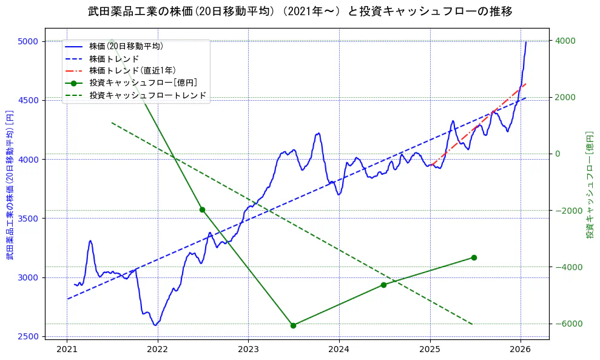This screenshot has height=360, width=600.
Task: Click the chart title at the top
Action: click(300, 12)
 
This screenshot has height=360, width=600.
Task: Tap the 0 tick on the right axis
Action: click(557, 154)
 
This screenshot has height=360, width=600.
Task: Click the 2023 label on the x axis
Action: click(248, 350)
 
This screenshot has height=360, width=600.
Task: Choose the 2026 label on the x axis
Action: click(521, 350)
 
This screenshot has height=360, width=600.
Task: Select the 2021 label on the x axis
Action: click(67, 350)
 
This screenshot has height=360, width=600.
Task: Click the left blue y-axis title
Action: click(10, 185)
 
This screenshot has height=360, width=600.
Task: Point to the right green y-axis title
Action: click(589, 185)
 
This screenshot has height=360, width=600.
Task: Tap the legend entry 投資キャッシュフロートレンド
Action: click(148, 95)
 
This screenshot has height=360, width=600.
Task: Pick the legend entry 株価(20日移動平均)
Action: click(126, 46)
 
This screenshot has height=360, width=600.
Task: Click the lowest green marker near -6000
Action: click(293, 325)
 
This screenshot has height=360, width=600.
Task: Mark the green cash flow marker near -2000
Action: click(202, 209)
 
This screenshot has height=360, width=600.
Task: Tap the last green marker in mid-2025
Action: click(474, 257)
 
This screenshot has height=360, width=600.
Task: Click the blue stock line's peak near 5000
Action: click(526, 42)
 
